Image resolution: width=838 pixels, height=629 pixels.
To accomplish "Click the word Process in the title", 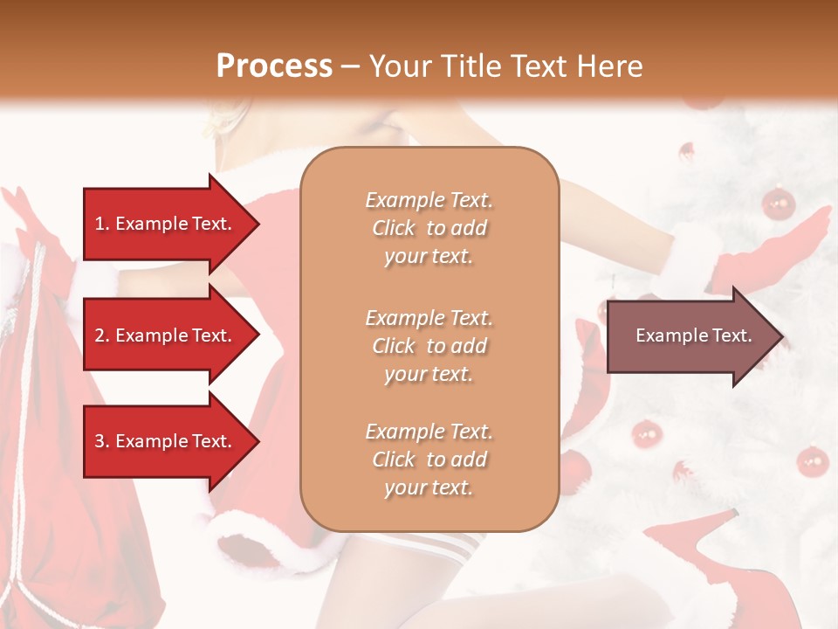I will (274, 66).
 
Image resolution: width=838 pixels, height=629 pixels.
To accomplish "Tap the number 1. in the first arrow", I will (102, 224).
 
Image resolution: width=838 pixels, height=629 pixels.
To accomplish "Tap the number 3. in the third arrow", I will (102, 441).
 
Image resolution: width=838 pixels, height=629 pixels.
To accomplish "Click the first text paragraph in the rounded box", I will (429, 228).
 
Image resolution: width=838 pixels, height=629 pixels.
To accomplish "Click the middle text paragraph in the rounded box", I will (429, 345).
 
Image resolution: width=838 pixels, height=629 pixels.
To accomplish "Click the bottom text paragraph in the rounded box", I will (429, 460).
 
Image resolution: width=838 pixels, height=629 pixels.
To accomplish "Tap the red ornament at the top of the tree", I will (777, 204).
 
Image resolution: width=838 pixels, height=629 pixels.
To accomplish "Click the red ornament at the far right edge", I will (813, 460).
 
